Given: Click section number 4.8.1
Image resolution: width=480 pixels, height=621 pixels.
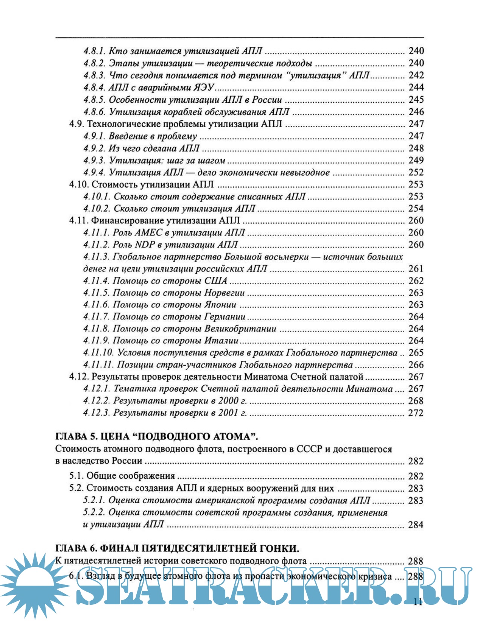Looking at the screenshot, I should (94, 51).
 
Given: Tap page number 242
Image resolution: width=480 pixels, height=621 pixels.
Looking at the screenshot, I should (416, 75).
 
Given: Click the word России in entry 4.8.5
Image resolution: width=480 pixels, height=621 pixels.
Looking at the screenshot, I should (267, 100).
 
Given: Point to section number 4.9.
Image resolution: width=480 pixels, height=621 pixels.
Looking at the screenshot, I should (76, 124).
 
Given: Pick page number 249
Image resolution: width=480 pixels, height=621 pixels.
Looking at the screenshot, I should (416, 160).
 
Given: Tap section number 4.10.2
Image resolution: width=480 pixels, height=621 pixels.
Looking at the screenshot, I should (96, 209).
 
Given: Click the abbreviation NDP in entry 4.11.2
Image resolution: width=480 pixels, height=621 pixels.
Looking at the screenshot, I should (145, 245).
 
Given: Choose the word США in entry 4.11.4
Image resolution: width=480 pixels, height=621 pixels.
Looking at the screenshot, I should (216, 281).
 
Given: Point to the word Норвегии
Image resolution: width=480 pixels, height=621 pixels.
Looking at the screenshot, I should (225, 293).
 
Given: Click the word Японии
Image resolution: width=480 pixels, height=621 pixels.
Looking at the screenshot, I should (220, 305).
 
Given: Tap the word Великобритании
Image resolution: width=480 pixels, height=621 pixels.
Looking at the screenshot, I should (240, 329).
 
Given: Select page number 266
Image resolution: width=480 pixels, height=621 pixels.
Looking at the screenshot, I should (416, 365).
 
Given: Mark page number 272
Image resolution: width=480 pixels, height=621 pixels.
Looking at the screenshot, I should (416, 413).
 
